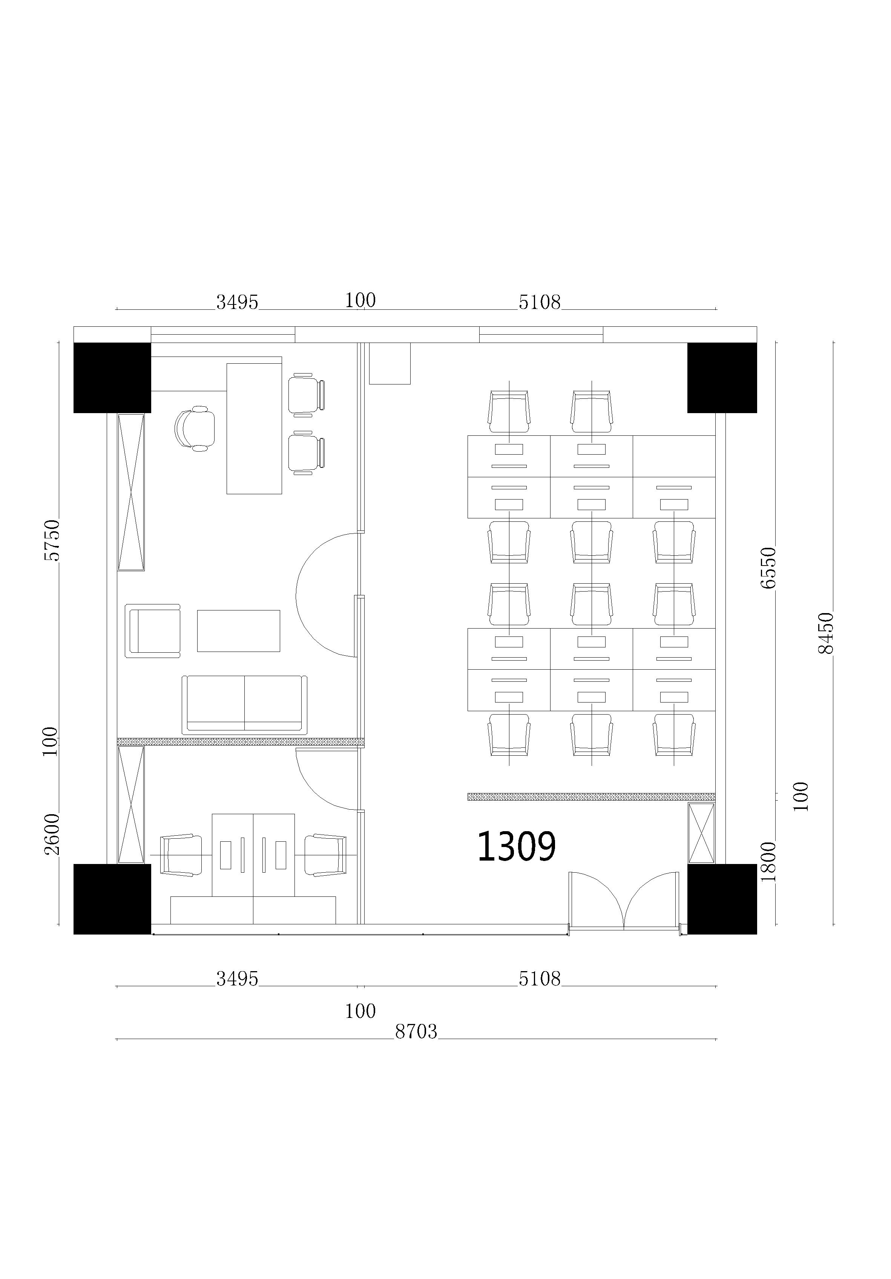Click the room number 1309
[x=516, y=846]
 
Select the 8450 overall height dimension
[x=826, y=633]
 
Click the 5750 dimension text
[x=51, y=540]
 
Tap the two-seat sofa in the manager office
[x=244, y=705]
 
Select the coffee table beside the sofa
[x=238, y=630]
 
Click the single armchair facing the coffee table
[x=153, y=630]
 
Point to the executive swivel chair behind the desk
[x=195, y=428]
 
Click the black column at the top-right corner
[x=722, y=378]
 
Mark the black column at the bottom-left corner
[x=112, y=899]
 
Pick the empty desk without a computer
[x=674, y=456]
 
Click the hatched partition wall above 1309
[x=591, y=796]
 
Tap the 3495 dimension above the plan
[x=237, y=302]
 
